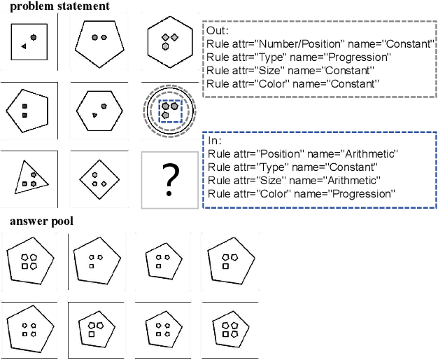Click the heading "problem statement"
pos(59,6)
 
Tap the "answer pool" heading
pos(41,222)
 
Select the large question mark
pos(169,180)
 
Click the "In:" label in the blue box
pos(215,141)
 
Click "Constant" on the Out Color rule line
pos(352,84)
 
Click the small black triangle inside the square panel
pos(24,46)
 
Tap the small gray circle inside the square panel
pos(33,39)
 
